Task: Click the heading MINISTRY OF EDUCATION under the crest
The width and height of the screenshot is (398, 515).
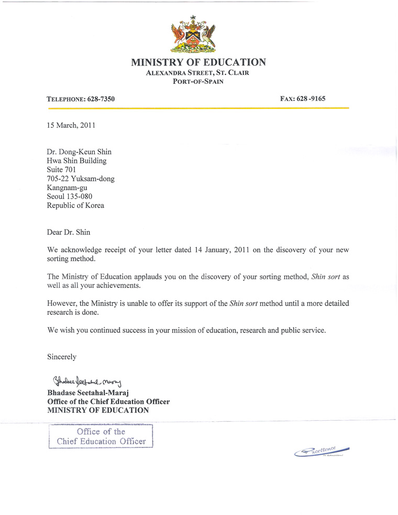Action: pos(198,62)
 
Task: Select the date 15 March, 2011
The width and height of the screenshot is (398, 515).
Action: pos(71,125)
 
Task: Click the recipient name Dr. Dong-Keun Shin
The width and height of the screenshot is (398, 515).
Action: pos(79,152)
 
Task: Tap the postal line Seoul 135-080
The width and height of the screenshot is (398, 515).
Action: pos(70,196)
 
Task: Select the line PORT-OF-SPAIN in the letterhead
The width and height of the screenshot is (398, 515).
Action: pos(198,82)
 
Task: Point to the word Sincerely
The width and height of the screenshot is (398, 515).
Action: pos(62,357)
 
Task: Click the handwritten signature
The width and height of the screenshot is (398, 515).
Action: pos(87,380)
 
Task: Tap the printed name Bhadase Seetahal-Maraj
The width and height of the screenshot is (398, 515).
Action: pos(87,393)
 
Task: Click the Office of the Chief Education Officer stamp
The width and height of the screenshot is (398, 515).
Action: pos(101,436)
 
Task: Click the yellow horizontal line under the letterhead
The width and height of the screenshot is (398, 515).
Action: pos(198,108)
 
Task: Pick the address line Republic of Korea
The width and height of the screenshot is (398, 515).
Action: pos(75,205)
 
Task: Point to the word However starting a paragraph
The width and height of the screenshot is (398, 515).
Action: pos(63,303)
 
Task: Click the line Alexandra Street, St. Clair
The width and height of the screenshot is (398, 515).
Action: pos(198,73)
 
